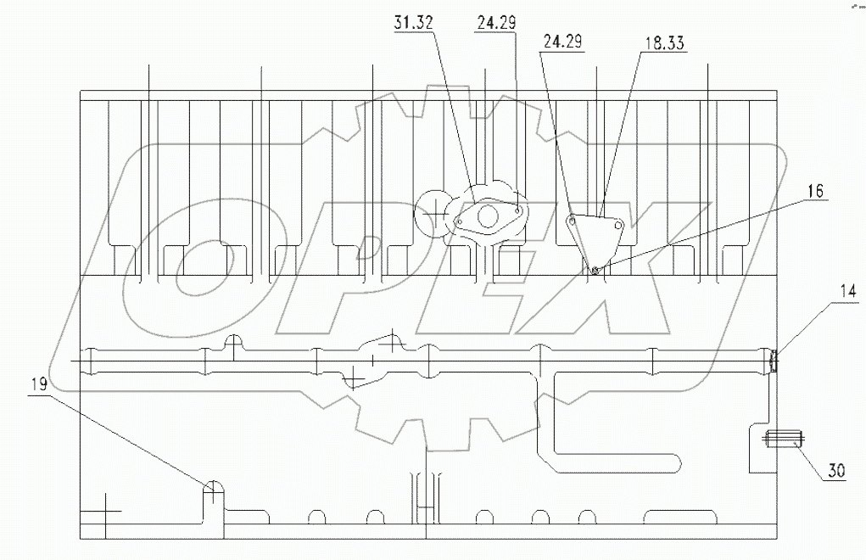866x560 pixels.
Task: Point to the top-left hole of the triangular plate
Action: click(573, 220)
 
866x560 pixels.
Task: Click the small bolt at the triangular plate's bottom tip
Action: click(595, 271)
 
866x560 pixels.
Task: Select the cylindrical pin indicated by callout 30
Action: click(784, 439)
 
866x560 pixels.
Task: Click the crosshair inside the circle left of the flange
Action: click(435, 207)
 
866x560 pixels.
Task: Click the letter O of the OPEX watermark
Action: click(191, 263)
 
